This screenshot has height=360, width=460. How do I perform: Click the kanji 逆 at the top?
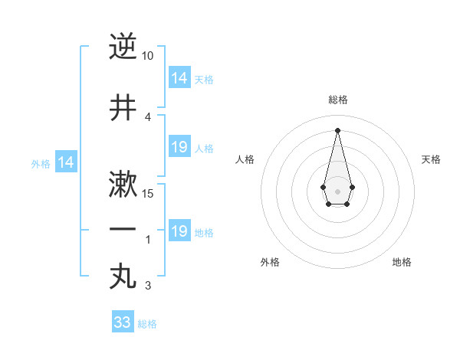point(123,47)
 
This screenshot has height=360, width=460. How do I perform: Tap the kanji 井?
point(123,107)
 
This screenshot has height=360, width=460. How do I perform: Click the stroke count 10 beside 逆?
point(148,56)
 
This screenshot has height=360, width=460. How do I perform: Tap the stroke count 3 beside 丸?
point(148,286)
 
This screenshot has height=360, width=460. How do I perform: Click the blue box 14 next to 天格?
point(179,78)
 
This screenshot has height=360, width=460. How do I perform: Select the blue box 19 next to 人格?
point(179,147)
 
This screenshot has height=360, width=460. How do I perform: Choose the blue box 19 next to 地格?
point(179,231)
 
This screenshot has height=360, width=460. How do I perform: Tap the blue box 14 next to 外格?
point(66,162)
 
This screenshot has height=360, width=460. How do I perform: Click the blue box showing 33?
point(123,322)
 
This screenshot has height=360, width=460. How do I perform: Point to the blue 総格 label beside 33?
point(147,324)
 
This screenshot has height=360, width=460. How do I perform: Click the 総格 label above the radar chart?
point(338,100)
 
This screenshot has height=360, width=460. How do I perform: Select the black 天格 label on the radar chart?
point(432,159)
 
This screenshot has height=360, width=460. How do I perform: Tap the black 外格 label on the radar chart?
point(270,262)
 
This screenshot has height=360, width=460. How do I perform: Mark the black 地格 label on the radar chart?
point(402,262)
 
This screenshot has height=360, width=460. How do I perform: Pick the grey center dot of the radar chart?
point(337,190)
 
